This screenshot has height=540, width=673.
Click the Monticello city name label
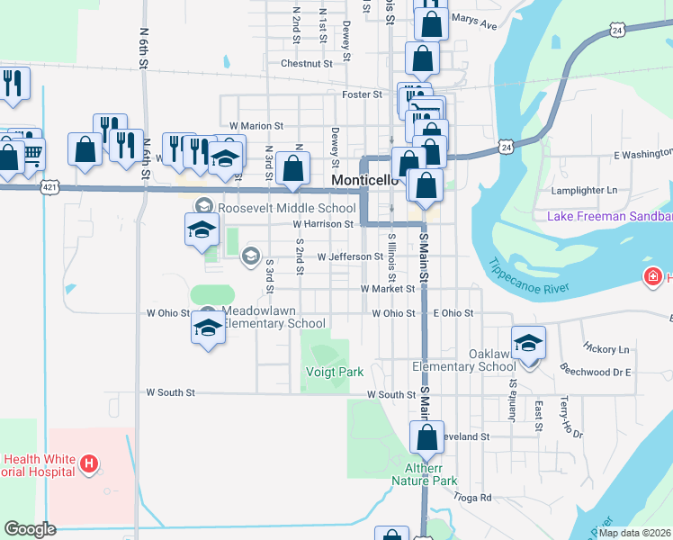pyautogui.click(x=364, y=180)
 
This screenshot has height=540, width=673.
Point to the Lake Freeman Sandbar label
pyautogui.click(x=610, y=216)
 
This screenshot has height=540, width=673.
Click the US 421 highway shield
pyautogui.click(x=51, y=187)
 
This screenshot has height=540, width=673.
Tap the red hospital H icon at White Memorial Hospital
pyautogui.click(x=89, y=464)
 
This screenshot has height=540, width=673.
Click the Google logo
pyautogui.click(x=30, y=529)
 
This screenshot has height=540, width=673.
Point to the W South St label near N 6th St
pyautogui.click(x=170, y=393)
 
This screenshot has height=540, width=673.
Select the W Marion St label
pyautogui.click(x=256, y=126)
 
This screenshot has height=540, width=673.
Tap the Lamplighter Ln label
pyautogui.click(x=587, y=191)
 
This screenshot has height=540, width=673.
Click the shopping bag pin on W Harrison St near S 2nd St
pyautogui.click(x=293, y=167)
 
